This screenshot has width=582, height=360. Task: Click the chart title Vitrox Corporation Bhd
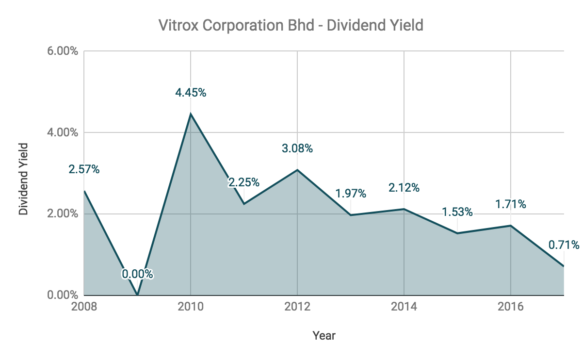(291, 25)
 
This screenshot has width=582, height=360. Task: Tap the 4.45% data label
(191, 92)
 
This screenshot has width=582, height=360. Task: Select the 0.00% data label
(137, 274)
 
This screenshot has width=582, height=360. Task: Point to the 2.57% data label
(84, 169)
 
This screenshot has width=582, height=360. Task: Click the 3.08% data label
(297, 148)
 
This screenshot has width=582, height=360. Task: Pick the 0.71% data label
(564, 245)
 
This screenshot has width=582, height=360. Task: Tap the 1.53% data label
(457, 212)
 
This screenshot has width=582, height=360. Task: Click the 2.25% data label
(244, 182)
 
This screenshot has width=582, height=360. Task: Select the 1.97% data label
(351, 194)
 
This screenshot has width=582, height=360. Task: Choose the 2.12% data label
(404, 187)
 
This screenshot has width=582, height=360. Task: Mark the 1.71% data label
(511, 204)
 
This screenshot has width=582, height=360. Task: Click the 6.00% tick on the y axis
(63, 51)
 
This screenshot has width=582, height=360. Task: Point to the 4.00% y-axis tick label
(63, 132)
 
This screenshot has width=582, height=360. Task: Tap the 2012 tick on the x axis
(297, 307)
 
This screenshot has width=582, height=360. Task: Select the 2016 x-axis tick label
(511, 307)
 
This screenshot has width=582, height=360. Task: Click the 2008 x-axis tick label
(84, 307)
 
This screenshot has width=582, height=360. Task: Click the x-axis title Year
(324, 335)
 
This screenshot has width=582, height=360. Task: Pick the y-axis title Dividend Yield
(23, 179)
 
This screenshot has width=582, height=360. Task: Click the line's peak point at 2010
(191, 114)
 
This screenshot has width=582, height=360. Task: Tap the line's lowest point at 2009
(137, 295)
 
